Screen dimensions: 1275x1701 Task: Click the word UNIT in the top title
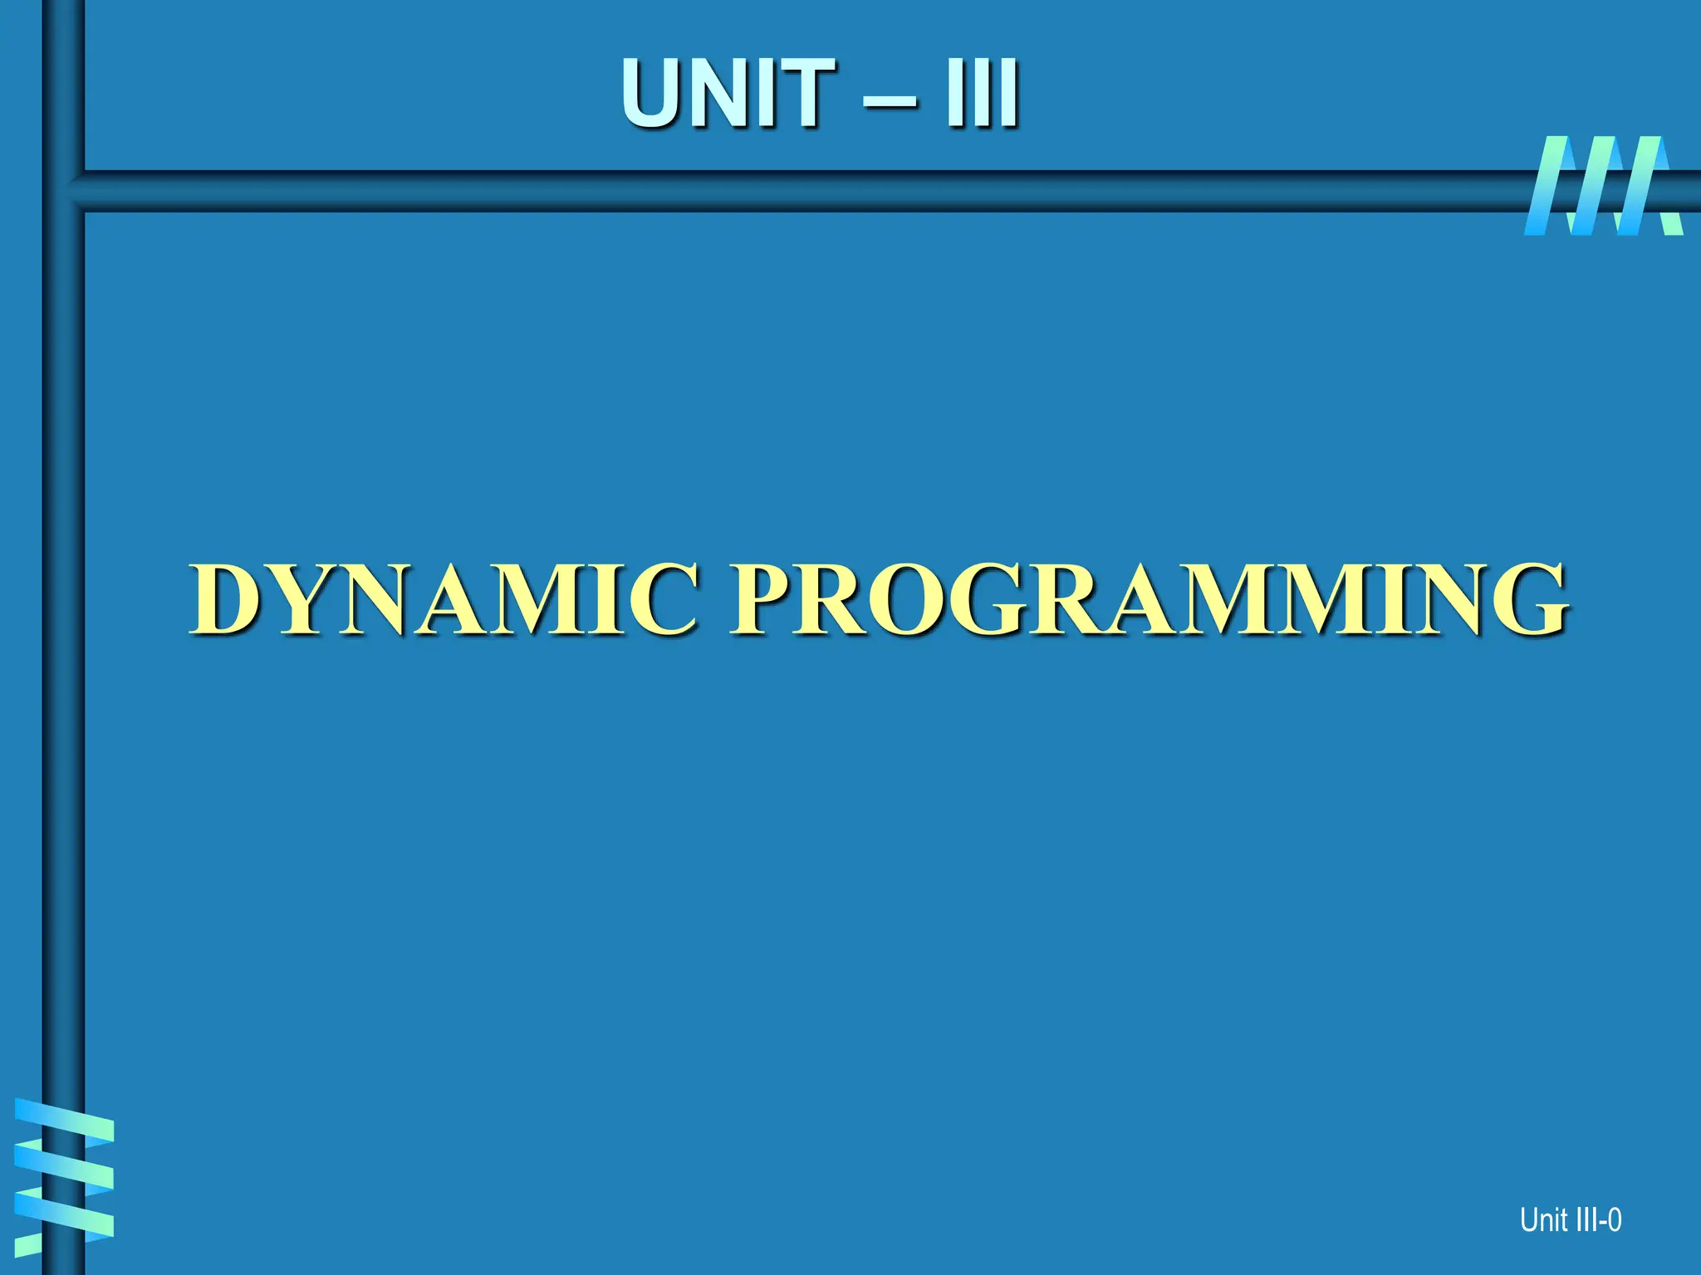point(728,94)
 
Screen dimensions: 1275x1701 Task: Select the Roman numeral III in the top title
point(982,94)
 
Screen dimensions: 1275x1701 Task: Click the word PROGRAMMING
point(1150,599)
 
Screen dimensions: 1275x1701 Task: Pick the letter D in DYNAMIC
point(226,599)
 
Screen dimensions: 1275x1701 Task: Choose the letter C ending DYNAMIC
point(656,599)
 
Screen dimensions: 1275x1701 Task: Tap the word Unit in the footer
point(1542,1220)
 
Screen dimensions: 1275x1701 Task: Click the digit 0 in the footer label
point(1614,1220)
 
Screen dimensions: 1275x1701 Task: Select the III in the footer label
point(1585,1220)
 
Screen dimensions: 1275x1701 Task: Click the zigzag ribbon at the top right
point(1603,187)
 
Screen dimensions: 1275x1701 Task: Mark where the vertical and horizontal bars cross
point(63,191)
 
